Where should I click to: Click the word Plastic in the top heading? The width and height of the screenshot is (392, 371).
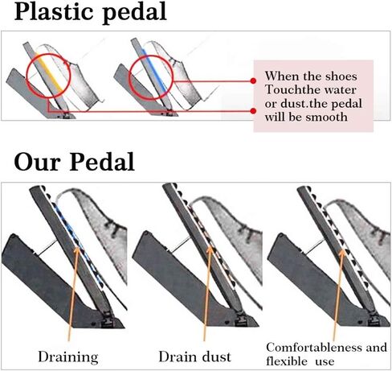[55, 11]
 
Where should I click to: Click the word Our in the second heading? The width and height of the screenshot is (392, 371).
[36, 162]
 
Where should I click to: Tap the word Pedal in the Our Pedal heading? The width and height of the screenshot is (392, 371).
[102, 162]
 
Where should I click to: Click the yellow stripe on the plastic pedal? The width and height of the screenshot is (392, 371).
[49, 72]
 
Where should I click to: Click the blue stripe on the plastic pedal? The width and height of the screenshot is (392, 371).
[154, 71]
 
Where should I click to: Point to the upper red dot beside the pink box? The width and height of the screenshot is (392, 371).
[253, 80]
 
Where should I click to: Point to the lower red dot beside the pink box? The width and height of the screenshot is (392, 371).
[253, 111]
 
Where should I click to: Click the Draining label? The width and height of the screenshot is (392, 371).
[68, 357]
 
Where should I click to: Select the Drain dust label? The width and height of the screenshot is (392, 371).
[194, 357]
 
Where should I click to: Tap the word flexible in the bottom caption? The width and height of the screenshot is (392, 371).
[287, 361]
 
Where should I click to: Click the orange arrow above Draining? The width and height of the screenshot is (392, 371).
[73, 294]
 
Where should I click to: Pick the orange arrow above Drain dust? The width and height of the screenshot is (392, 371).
[207, 293]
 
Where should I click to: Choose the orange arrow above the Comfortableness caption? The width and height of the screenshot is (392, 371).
[338, 295]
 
